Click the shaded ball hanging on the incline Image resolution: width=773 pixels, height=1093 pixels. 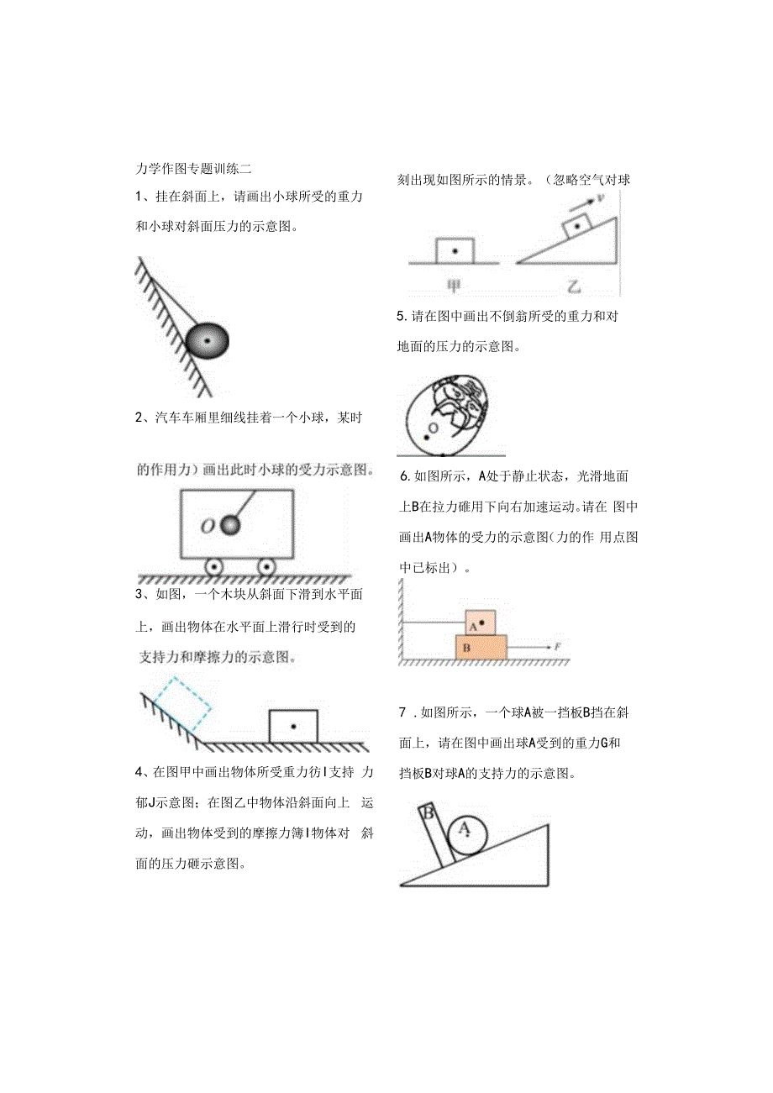pos(207,341)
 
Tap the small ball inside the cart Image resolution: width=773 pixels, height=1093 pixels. pos(229,525)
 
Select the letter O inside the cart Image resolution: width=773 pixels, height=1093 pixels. pos(207,527)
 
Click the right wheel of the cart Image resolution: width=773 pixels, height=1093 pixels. pos(266,568)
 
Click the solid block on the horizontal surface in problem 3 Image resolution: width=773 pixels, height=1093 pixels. pos(293,726)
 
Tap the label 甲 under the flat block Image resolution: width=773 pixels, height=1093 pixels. pos(454,286)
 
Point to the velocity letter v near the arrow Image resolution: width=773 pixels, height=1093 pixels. pos(601,198)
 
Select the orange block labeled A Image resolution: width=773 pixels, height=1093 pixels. pos(481,623)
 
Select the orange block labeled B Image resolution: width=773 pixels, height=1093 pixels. pos(481,647)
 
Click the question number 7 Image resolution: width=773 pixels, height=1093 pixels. pos(403,713)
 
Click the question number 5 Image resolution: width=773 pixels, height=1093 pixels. pos(402,316)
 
